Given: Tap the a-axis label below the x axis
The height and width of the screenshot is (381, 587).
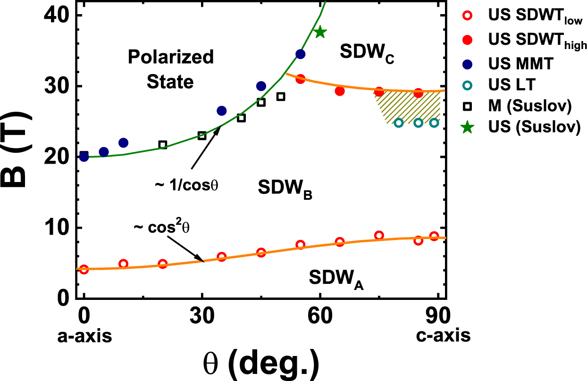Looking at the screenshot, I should coord(84,336).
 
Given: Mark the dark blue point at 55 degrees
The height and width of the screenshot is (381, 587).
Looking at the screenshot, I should coord(300,54).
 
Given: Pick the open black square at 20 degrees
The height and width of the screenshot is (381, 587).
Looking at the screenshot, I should coord(163,145).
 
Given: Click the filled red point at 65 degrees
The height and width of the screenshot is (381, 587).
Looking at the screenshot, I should coord(339,91).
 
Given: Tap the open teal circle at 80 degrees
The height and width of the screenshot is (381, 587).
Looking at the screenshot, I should coord(399,123).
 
